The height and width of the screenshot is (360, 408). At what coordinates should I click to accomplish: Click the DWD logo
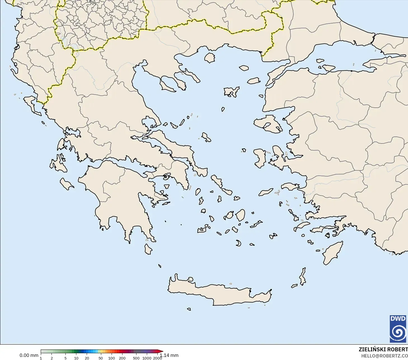[398, 329]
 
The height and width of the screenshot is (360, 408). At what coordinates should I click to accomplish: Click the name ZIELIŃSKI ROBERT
[383, 350]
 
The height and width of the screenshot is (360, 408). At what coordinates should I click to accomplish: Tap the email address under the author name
[384, 356]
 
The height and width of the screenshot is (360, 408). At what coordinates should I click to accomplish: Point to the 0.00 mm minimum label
[29, 356]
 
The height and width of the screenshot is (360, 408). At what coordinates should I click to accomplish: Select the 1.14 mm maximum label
[169, 356]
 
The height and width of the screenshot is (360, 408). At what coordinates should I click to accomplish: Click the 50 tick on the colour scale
[101, 358]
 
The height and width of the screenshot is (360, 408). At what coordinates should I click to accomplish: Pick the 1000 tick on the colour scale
[147, 358]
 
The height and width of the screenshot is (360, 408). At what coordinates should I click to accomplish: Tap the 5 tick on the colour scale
[65, 358]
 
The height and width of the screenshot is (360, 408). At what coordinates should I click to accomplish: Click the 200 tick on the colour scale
[122, 358]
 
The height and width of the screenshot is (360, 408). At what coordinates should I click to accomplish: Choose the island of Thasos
[210, 58]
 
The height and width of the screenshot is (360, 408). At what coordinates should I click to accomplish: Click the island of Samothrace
[244, 68]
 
